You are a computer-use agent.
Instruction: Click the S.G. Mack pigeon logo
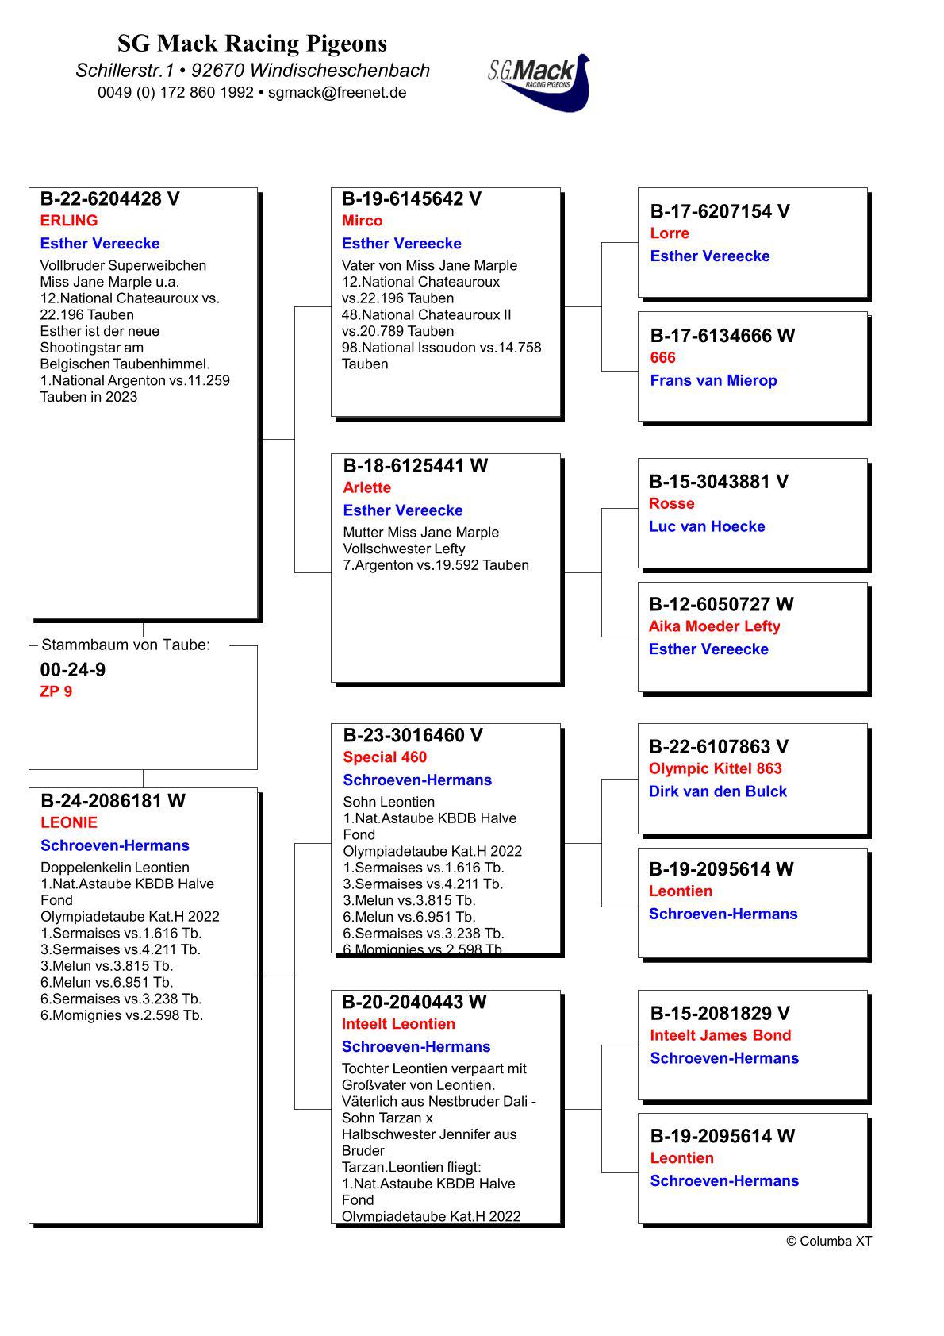coord(539,81)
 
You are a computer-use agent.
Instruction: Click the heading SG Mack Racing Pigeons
coord(252,43)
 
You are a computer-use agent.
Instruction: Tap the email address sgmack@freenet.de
coord(337,92)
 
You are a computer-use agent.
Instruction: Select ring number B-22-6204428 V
coord(110,199)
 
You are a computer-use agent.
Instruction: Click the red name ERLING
coord(69,221)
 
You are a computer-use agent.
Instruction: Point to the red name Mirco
coord(362,221)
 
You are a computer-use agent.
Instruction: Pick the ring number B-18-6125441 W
coord(416,466)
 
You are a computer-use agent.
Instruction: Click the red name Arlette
coord(366,487)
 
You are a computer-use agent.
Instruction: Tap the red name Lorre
coord(670,233)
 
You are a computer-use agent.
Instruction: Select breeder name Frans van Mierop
coord(713,380)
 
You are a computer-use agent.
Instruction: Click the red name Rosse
coord(671,503)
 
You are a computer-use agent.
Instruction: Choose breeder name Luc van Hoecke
coord(707,526)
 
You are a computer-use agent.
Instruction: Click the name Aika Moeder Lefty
coord(714,626)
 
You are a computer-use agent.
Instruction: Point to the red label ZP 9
coord(56,691)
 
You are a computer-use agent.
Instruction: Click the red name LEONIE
coord(69,822)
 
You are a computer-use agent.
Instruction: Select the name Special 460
coord(385,757)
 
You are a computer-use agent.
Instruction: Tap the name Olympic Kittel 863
coord(715,768)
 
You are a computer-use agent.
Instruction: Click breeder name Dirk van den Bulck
coord(717,791)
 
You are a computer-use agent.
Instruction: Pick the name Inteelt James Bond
coord(720,1035)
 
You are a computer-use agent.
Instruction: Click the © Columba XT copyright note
coord(828,1241)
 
